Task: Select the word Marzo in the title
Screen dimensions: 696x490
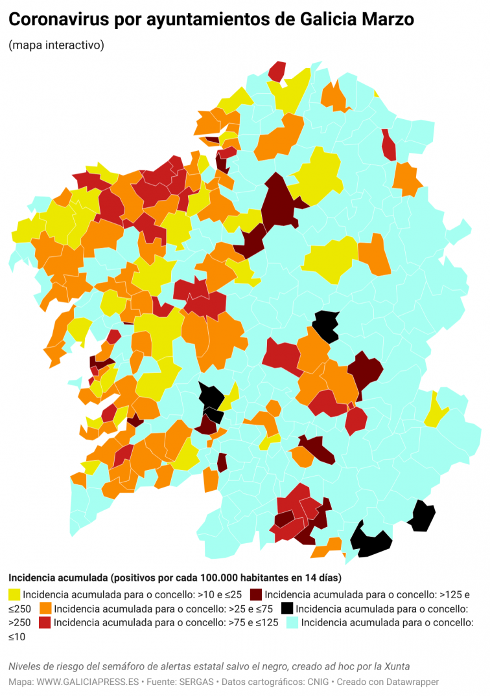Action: click(390, 21)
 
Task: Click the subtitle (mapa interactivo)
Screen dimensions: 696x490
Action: click(56, 45)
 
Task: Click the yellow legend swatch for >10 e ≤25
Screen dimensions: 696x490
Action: click(14, 594)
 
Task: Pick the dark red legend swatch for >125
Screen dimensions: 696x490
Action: click(256, 594)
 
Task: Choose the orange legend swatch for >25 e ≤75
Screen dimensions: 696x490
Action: click(45, 609)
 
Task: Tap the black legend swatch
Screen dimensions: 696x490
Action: click(286, 609)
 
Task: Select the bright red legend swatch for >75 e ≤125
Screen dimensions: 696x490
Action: click(45, 623)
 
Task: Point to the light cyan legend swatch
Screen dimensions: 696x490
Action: click(293, 623)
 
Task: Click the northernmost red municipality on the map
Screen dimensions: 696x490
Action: click(277, 71)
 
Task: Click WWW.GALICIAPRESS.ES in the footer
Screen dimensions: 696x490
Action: click(88, 682)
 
